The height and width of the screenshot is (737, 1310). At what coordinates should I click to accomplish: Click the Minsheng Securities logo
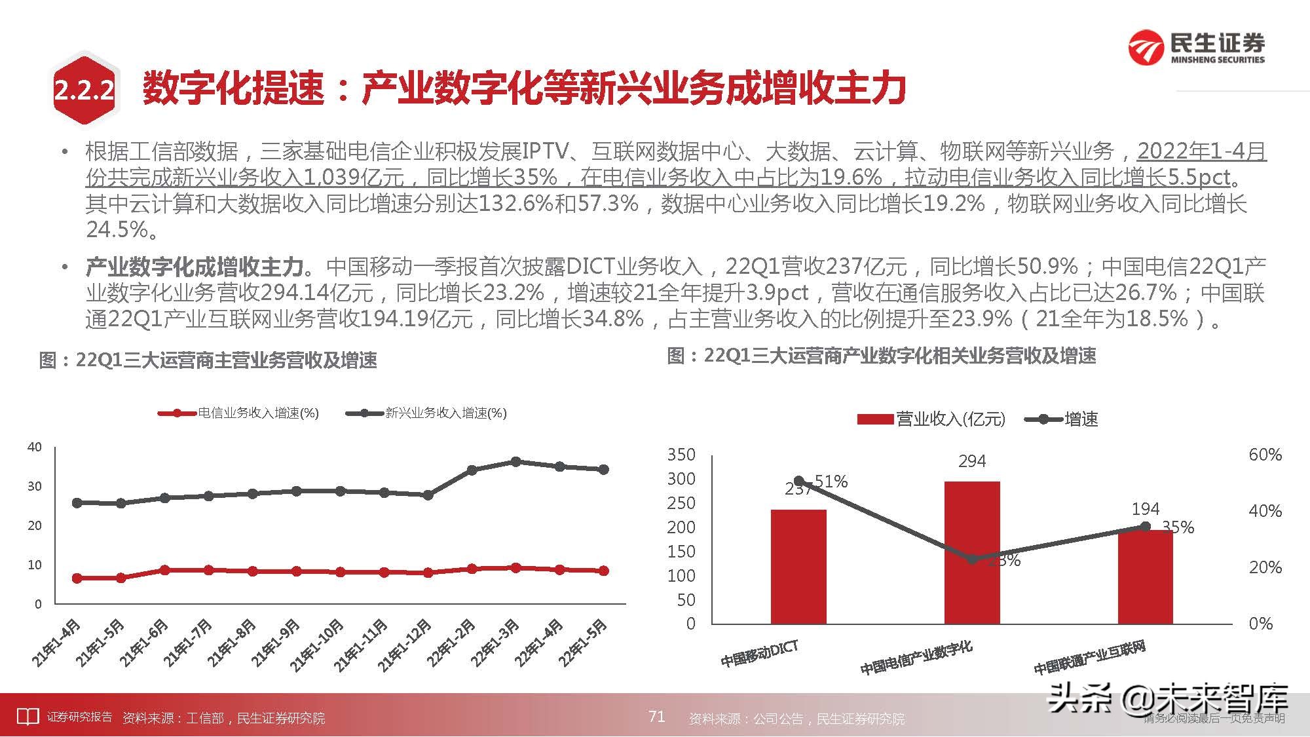tap(1196, 47)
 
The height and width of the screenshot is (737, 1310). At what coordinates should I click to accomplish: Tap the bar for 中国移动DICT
tap(798, 566)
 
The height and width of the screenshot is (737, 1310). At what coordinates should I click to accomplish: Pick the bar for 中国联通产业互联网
tap(1145, 576)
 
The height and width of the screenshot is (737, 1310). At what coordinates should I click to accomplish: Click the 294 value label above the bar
tap(972, 461)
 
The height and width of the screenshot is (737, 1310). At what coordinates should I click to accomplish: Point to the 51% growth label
tap(831, 482)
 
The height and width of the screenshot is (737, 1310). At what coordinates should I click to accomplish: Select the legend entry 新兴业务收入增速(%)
tap(426, 413)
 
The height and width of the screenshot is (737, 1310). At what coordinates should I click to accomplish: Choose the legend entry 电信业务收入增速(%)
tap(238, 413)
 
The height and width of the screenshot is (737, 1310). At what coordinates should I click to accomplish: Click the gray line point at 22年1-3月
tap(515, 462)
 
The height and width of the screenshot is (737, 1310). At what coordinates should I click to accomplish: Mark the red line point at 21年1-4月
tap(77, 578)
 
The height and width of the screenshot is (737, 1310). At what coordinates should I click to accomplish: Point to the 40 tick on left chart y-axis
tap(34, 447)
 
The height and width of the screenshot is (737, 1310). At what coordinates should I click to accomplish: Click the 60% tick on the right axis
tap(1265, 455)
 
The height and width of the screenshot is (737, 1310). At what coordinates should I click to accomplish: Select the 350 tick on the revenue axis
tap(681, 455)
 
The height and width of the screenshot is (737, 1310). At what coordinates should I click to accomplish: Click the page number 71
tap(656, 716)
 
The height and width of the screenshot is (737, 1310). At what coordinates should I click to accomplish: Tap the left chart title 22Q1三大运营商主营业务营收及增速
tap(208, 360)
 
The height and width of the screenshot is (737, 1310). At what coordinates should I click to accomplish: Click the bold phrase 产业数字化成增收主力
tap(195, 267)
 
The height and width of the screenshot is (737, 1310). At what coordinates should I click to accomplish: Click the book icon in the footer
tap(27, 717)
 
